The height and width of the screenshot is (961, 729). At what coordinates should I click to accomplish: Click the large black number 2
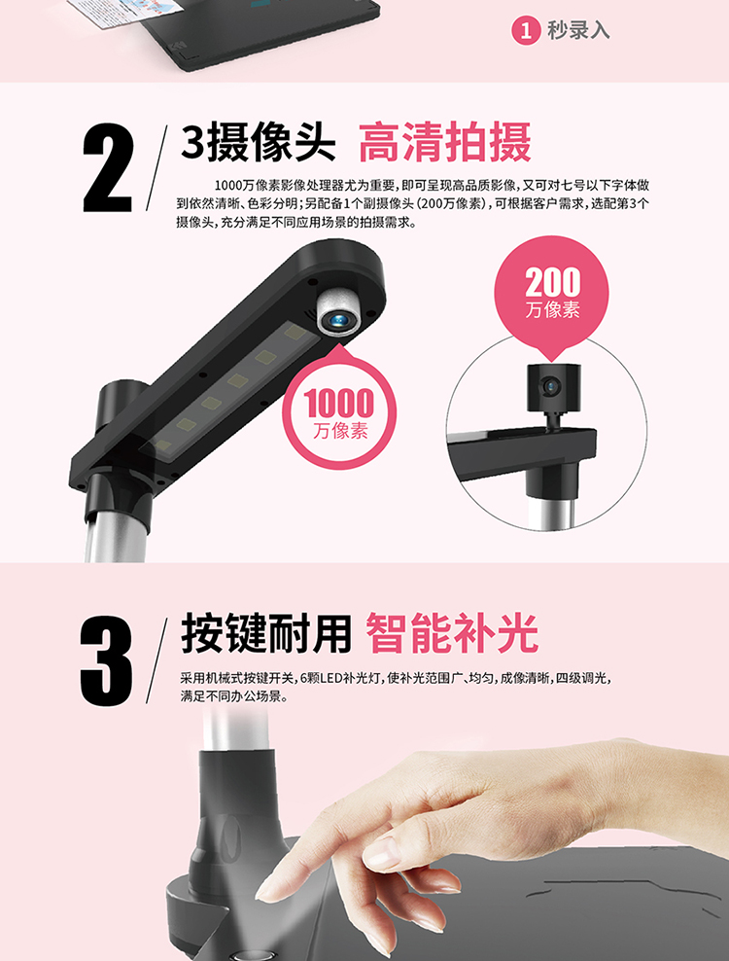click(x=108, y=167)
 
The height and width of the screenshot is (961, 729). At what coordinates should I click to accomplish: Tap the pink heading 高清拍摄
click(x=445, y=142)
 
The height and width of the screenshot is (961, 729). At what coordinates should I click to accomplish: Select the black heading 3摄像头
click(x=258, y=142)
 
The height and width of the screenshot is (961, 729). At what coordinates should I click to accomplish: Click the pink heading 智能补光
click(x=452, y=633)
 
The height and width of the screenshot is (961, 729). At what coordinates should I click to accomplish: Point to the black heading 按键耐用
click(x=266, y=633)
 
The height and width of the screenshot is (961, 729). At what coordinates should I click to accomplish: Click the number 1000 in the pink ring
click(x=339, y=403)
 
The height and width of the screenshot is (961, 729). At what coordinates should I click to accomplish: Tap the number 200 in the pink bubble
click(x=552, y=282)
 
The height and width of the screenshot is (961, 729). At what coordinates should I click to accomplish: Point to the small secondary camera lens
click(x=551, y=387)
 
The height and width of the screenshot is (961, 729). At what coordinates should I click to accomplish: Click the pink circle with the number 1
click(x=526, y=30)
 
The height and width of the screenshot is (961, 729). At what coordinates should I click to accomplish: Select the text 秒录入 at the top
click(x=578, y=30)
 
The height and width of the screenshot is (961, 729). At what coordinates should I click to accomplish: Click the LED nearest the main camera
click(x=295, y=334)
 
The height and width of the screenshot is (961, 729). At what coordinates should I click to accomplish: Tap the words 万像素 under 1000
click(x=340, y=432)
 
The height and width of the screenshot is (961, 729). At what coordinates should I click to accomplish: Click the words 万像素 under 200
click(x=552, y=310)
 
